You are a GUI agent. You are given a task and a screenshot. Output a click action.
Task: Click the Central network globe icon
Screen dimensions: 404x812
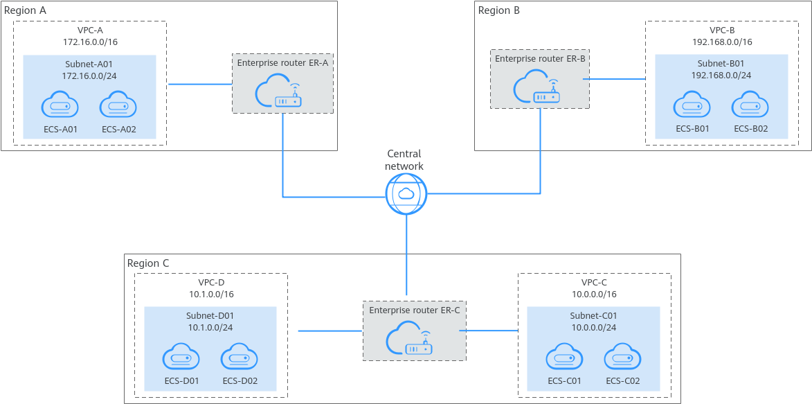(406, 193)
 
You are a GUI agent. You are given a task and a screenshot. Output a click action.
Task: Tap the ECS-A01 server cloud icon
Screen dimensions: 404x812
(60, 106)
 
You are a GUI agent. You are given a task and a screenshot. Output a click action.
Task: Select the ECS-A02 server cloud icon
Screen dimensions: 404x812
(118, 106)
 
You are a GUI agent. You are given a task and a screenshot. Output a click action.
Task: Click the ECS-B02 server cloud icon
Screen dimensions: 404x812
(750, 106)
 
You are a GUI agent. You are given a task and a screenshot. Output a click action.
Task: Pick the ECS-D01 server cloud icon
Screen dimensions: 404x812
(181, 358)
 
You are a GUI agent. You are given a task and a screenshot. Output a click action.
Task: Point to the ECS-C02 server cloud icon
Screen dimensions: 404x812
(622, 358)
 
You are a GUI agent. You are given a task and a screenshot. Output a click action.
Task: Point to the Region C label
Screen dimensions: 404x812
(148, 264)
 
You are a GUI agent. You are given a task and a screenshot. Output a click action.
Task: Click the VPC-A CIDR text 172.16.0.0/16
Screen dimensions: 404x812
(90, 42)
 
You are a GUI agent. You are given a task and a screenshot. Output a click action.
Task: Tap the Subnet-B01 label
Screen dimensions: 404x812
(722, 64)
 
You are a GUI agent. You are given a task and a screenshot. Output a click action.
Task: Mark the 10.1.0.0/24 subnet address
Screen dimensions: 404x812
(210, 326)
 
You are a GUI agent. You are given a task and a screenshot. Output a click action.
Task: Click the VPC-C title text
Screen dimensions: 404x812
(594, 283)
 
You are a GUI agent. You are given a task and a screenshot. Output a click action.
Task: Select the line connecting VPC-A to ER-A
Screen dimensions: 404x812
(199, 85)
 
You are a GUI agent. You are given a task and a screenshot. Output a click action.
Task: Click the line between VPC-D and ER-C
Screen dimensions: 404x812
(330, 331)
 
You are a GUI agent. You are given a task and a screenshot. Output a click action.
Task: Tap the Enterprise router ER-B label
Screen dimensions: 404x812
(540, 59)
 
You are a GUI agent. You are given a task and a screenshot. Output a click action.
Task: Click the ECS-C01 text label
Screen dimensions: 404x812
(564, 380)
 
